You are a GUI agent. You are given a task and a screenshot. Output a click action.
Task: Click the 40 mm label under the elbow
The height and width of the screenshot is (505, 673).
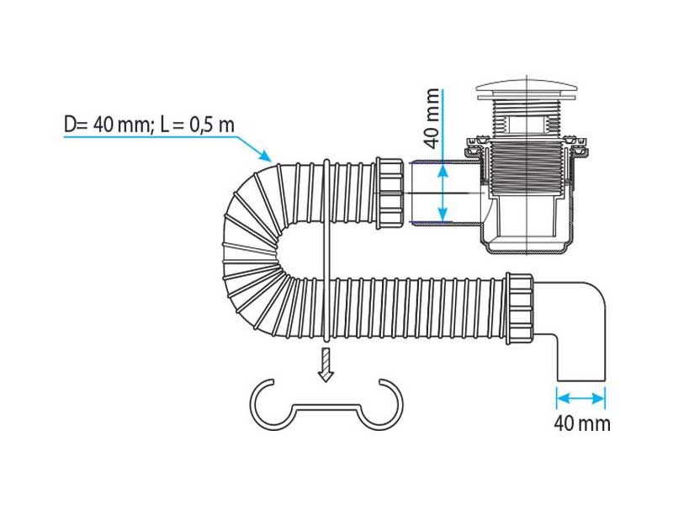[581, 423]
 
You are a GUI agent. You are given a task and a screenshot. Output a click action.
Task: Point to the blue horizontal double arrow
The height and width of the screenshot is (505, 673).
[580, 396]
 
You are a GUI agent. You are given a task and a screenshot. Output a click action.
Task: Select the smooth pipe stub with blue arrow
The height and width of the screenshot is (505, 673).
[437, 192]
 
